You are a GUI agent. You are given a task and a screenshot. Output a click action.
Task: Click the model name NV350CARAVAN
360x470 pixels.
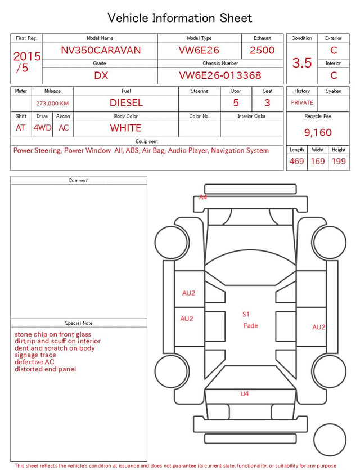click(x=101, y=50)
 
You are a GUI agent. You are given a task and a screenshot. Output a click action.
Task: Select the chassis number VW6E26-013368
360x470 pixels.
click(x=220, y=75)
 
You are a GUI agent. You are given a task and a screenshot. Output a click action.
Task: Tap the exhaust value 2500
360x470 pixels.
click(x=262, y=50)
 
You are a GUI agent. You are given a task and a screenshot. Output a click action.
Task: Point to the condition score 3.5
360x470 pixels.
click(x=302, y=63)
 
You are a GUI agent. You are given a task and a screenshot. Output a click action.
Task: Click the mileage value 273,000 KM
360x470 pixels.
click(x=52, y=104)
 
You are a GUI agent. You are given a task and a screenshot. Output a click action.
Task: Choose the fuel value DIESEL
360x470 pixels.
click(x=126, y=103)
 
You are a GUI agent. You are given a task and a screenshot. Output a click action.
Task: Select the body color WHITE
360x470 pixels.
click(x=125, y=128)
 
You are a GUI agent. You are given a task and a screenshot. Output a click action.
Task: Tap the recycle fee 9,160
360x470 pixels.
click(x=318, y=132)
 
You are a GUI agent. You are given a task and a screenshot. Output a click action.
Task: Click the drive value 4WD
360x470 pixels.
click(x=42, y=128)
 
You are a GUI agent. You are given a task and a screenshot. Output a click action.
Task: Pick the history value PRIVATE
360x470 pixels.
click(x=302, y=103)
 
